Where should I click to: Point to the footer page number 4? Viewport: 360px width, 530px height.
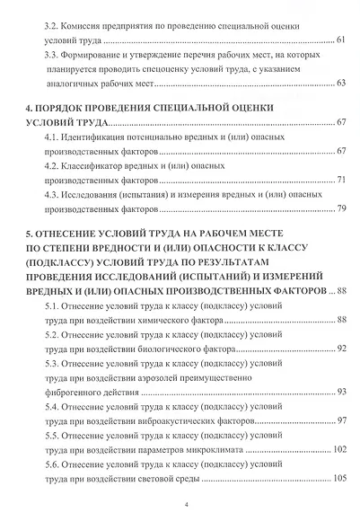point(184,507)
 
